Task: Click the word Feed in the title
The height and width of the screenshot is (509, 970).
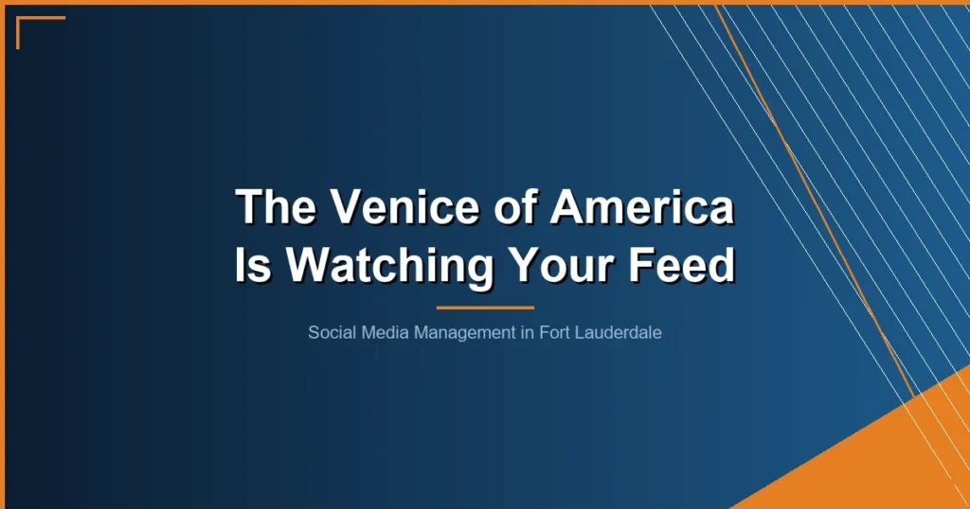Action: [689, 266]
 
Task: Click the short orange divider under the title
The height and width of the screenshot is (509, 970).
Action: [485, 307]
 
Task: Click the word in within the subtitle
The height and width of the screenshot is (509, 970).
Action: [526, 333]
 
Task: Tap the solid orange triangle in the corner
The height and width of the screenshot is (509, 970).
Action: [900, 464]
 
